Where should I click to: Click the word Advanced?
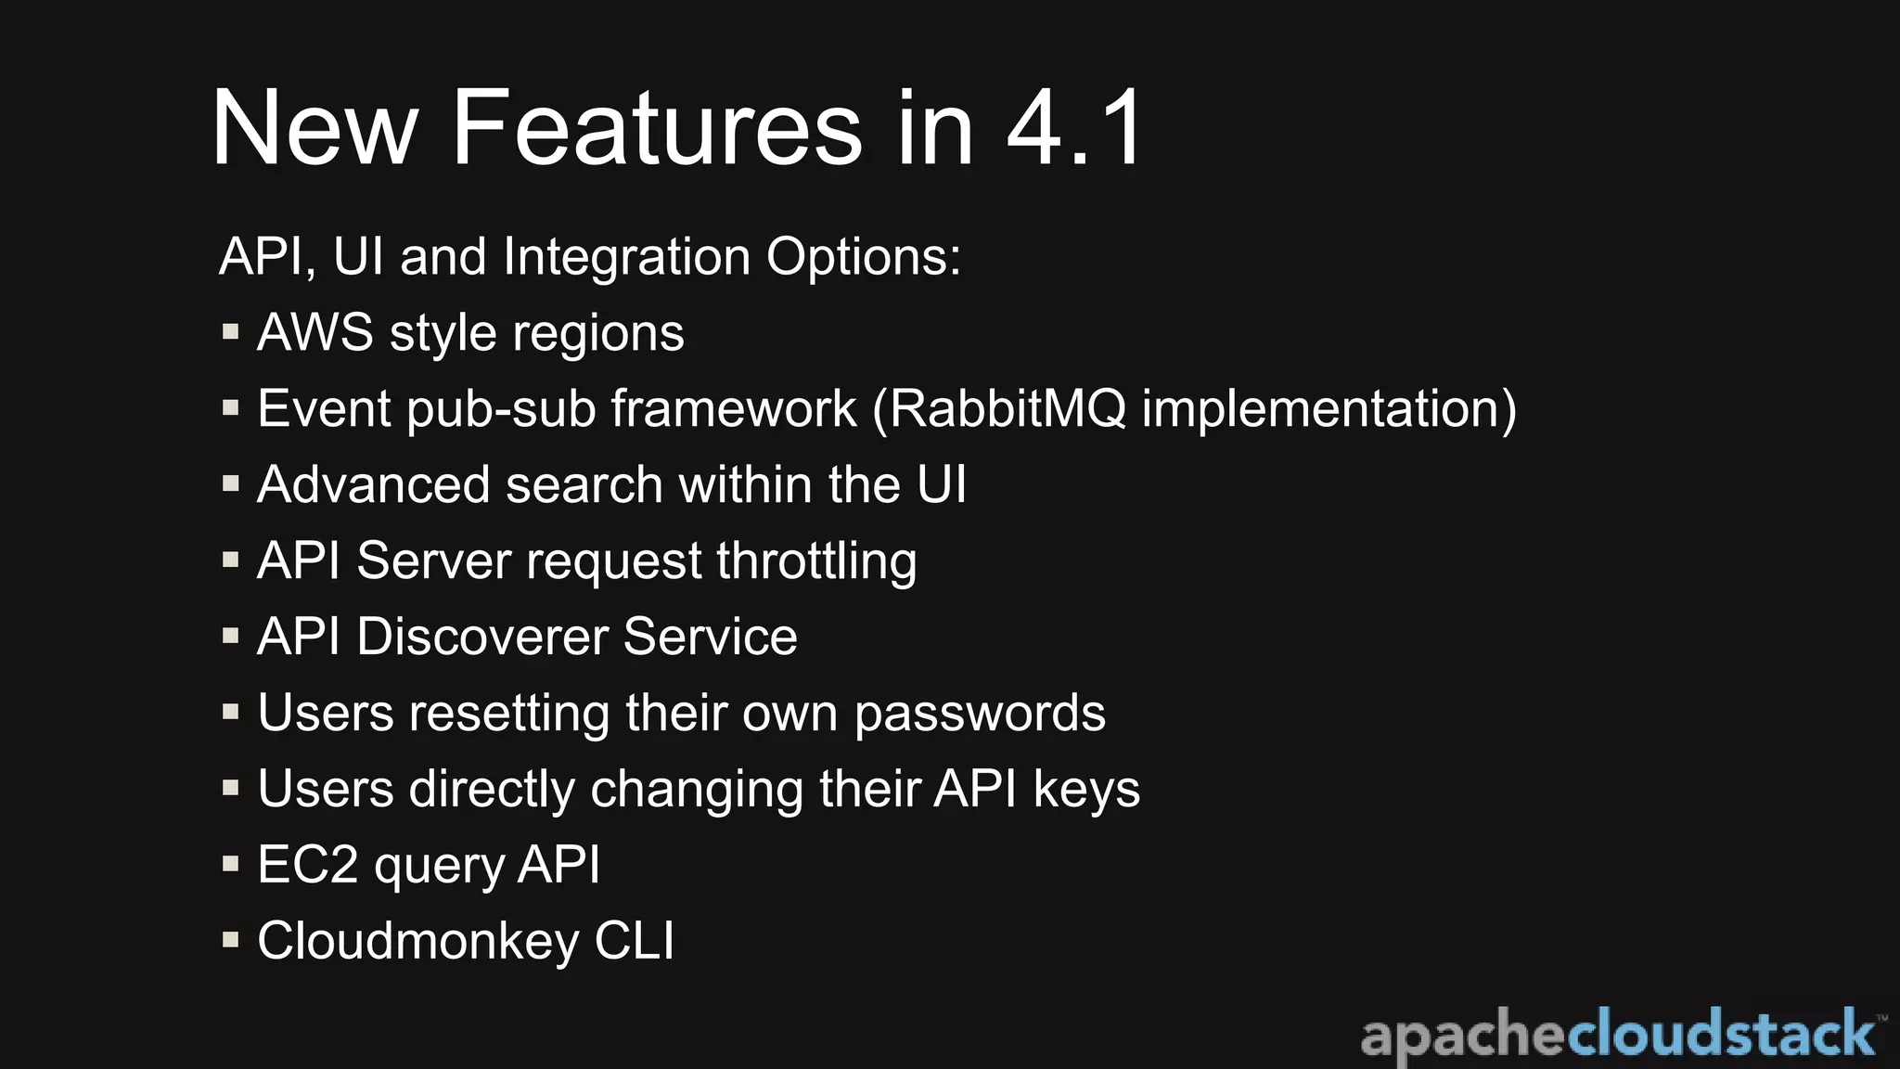373,484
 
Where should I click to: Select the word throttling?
816,562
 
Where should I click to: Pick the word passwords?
980,715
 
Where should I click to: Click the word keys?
1086,791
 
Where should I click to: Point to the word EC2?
308,865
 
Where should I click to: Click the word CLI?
635,941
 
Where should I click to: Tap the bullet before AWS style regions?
231,331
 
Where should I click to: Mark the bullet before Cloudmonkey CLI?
231,940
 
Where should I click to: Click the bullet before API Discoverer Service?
231,636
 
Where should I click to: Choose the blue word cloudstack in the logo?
1722,1034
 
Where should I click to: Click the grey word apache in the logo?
1464,1036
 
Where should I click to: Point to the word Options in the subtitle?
864,258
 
